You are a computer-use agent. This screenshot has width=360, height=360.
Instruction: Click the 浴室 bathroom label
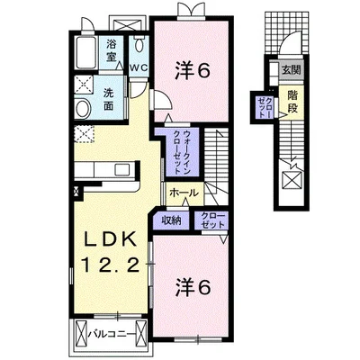(112, 50)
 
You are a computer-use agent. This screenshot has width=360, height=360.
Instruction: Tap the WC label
(139, 67)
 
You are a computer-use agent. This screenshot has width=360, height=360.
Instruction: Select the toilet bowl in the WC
(139, 45)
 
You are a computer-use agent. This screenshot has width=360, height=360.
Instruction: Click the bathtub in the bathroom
(85, 53)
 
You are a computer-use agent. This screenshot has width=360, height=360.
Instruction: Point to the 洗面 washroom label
(108, 99)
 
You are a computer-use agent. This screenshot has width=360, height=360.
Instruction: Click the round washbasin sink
(83, 108)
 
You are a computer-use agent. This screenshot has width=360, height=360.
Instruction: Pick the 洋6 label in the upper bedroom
(192, 71)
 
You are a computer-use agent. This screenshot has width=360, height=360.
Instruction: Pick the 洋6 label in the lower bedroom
(193, 287)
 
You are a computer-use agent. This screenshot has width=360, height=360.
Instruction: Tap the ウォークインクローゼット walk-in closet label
(182, 152)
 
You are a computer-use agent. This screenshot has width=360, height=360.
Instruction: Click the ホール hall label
(184, 193)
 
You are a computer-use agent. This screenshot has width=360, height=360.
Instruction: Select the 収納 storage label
(171, 220)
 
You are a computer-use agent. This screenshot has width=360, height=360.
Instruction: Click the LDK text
(109, 241)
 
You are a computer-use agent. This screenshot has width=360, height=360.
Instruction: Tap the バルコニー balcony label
(110, 334)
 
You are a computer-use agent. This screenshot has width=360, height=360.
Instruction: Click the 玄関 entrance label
(291, 70)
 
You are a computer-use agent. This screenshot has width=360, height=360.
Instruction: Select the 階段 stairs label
(292, 102)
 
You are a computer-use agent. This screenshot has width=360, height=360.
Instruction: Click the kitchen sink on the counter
(122, 170)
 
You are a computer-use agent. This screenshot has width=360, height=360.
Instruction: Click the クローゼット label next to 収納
(213, 220)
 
